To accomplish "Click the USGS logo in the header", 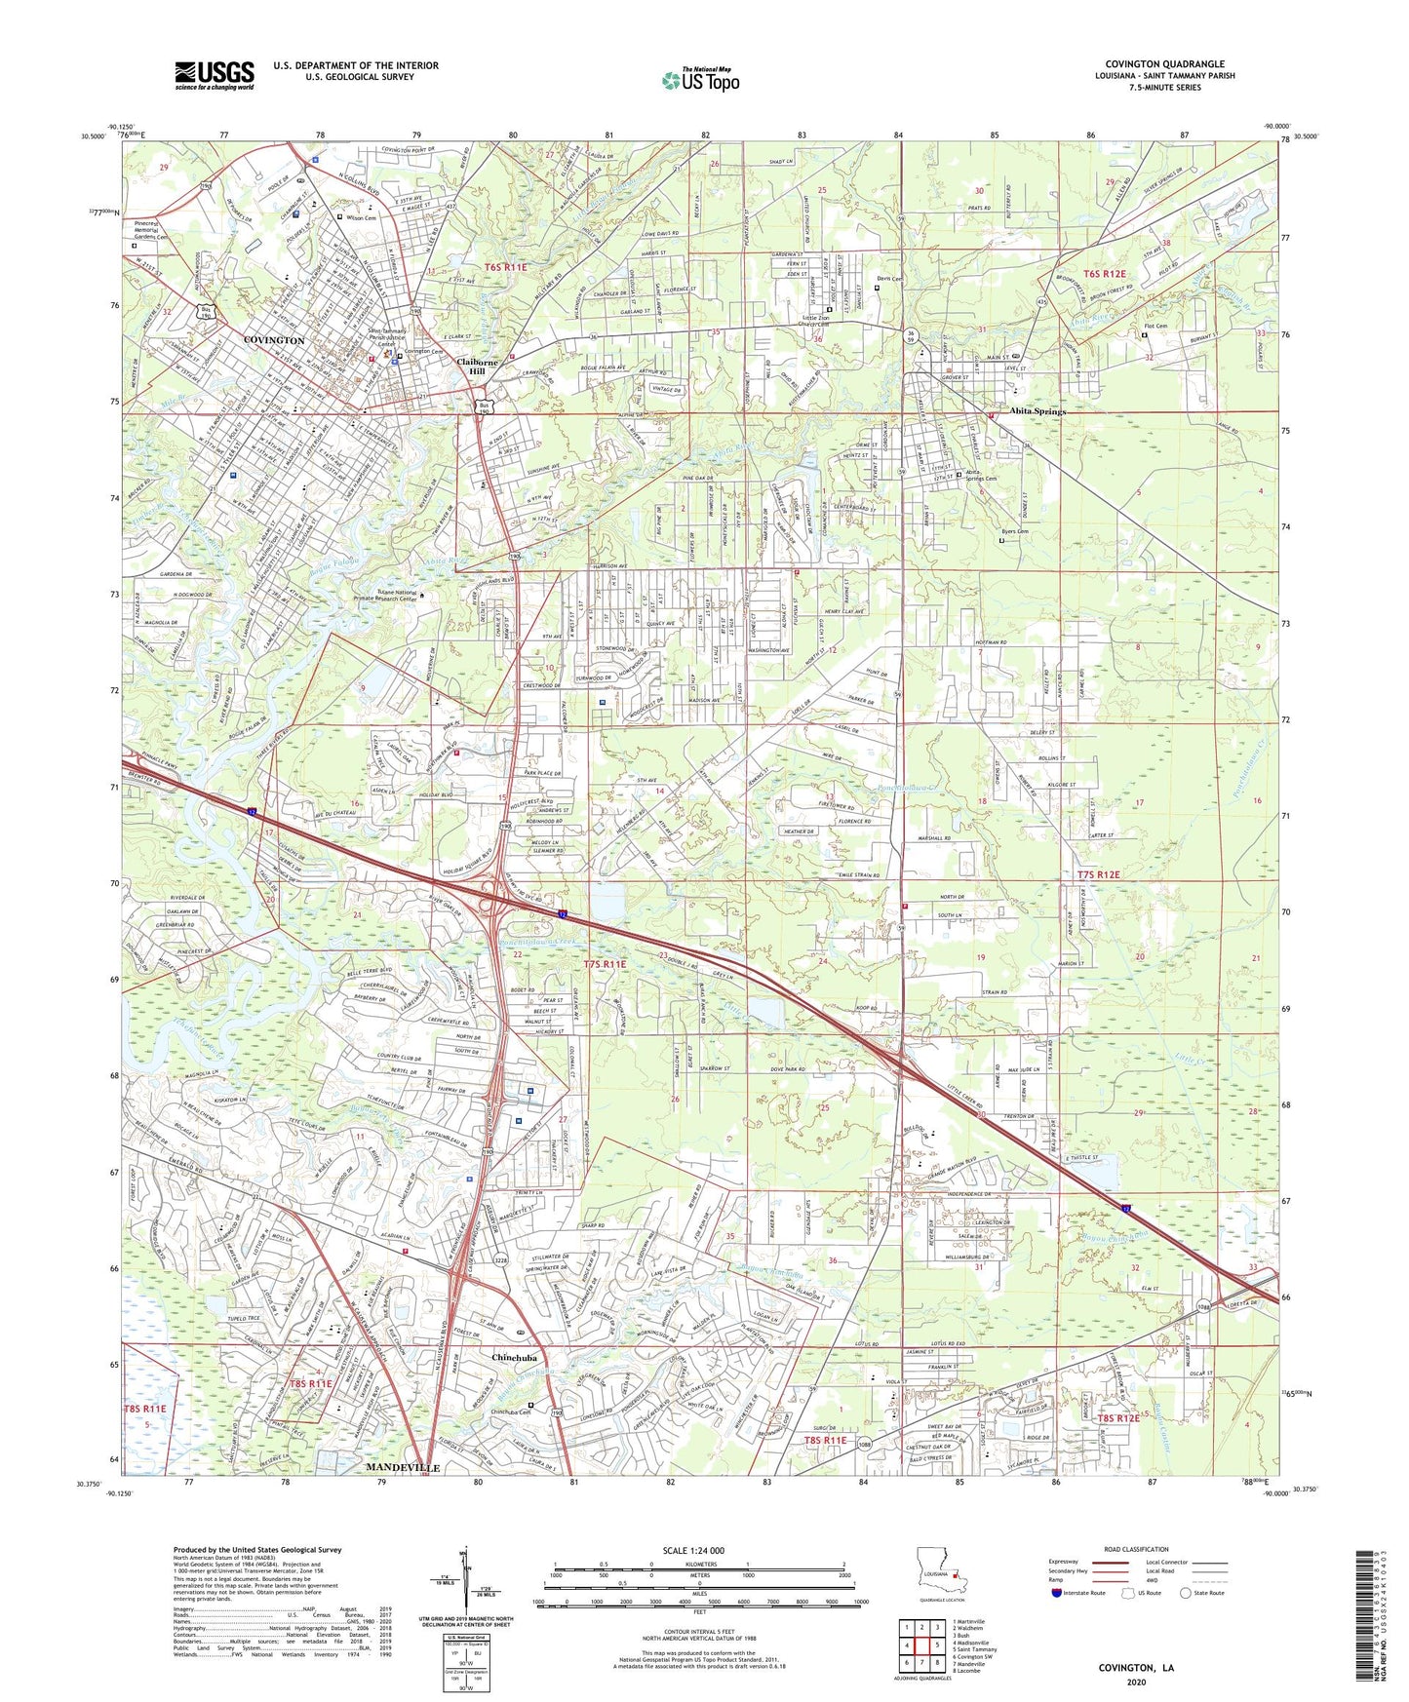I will (215, 75).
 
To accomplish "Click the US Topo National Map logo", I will (700, 80).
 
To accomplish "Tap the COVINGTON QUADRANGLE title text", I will (1164, 64).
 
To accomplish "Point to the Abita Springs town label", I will (1037, 411).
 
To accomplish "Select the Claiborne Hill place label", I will (477, 366).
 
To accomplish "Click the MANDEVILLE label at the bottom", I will (403, 1467).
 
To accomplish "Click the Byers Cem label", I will (1015, 531).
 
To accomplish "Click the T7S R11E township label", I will (605, 964).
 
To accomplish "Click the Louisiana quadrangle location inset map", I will (943, 1574).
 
